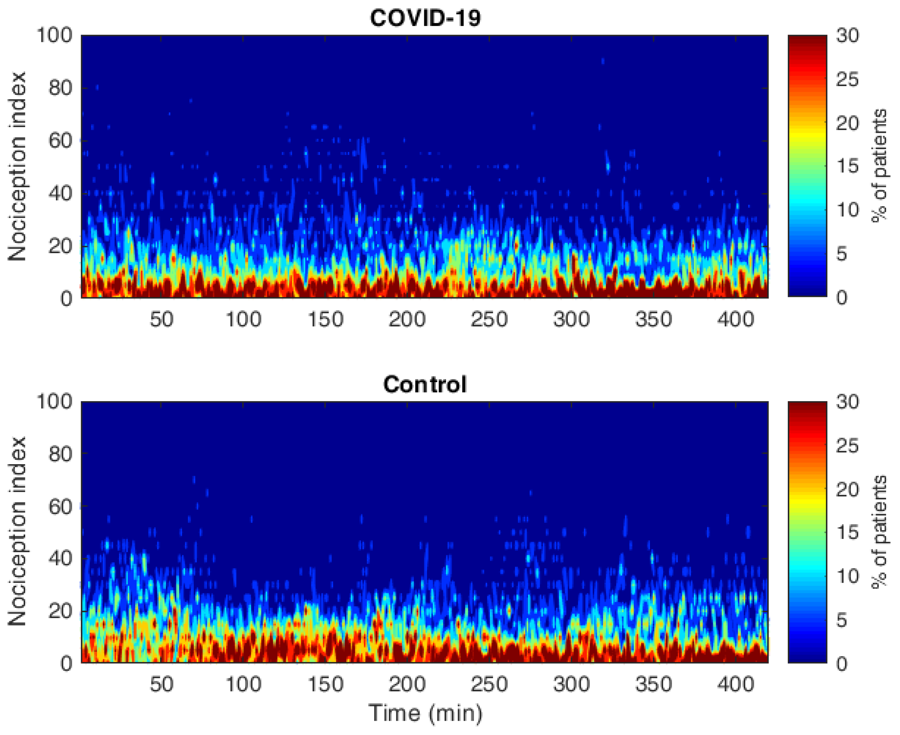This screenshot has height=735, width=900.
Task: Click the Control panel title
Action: (x=425, y=385)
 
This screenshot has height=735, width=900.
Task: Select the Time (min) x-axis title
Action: (x=425, y=713)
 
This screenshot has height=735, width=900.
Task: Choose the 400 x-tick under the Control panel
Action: (x=736, y=684)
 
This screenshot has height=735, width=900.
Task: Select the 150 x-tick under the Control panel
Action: (x=325, y=684)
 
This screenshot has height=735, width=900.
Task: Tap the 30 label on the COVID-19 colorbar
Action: (x=848, y=35)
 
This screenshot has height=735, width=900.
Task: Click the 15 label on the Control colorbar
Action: (x=848, y=532)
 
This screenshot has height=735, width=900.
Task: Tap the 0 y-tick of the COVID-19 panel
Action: (x=66, y=298)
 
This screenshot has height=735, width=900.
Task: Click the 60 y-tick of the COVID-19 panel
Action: (x=60, y=140)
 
